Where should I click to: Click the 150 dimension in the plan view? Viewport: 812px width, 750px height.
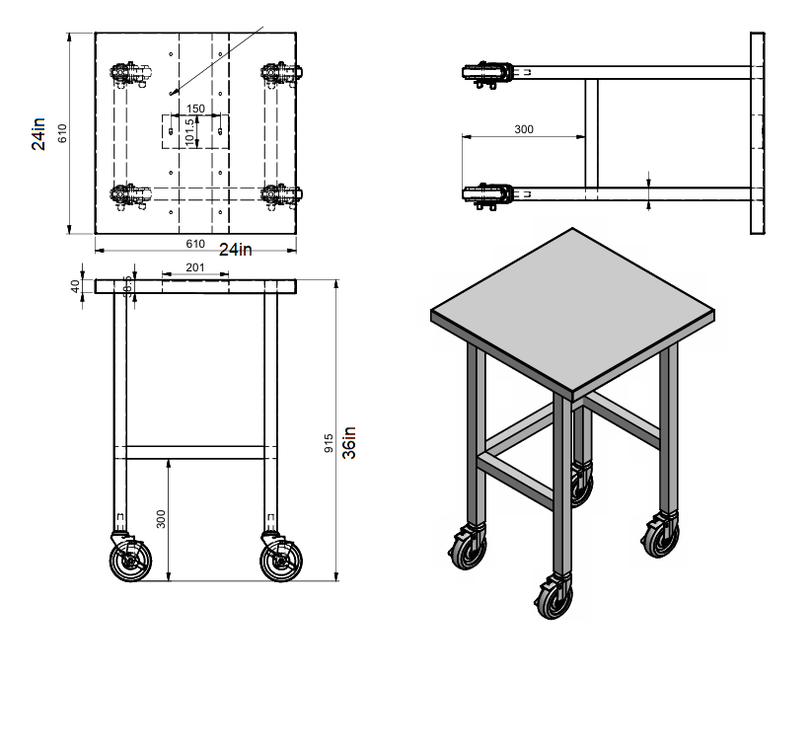(x=195, y=109)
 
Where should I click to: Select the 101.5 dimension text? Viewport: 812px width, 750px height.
(x=189, y=131)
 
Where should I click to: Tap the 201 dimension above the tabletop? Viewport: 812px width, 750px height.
(x=194, y=268)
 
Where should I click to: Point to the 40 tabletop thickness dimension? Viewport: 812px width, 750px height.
(x=75, y=286)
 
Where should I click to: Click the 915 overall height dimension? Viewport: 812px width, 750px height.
(x=330, y=444)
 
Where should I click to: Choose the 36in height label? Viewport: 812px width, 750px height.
(x=348, y=443)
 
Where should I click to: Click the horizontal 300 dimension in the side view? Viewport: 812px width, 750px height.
(x=524, y=129)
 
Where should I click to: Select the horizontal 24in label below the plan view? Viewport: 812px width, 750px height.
(x=235, y=249)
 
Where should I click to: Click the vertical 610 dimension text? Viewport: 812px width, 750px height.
(x=61, y=132)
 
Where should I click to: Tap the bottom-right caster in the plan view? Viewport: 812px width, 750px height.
(x=282, y=194)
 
